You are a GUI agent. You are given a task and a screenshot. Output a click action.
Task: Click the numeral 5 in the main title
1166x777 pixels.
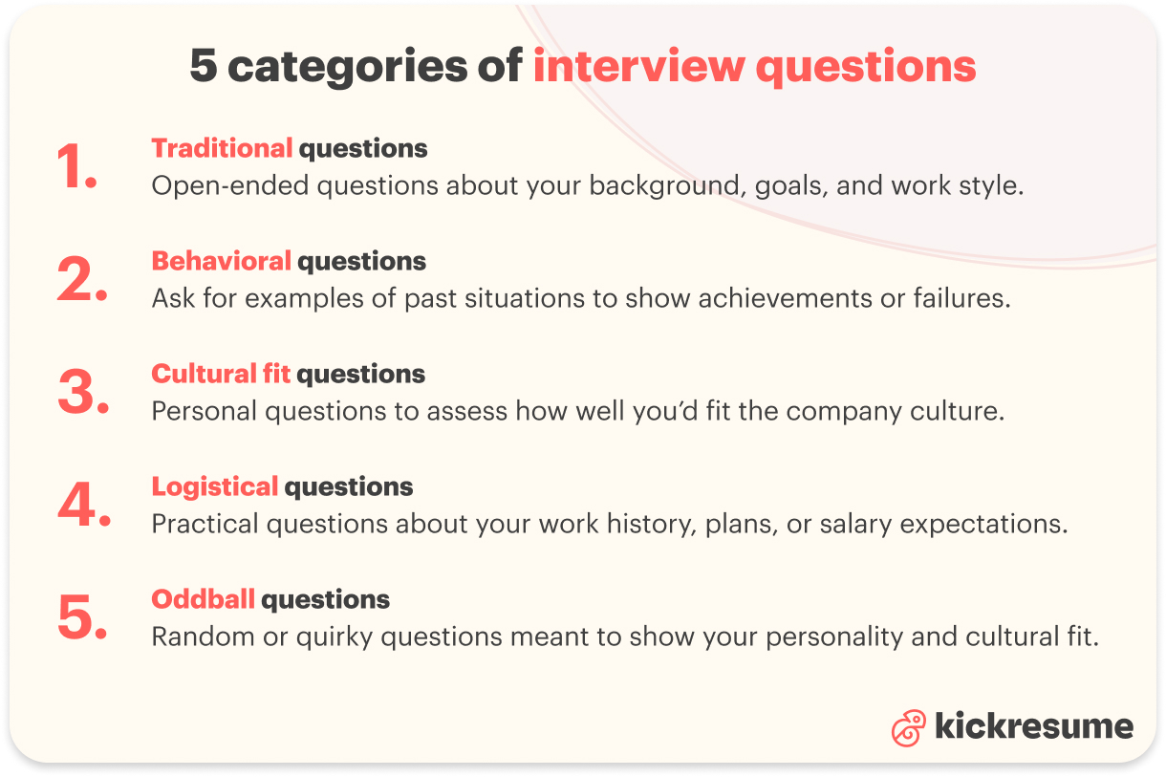pyautogui.click(x=203, y=67)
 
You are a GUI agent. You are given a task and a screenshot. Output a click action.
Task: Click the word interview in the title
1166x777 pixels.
pyautogui.click(x=637, y=67)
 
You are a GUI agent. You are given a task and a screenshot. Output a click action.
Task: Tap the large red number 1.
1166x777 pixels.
pyautogui.click(x=76, y=167)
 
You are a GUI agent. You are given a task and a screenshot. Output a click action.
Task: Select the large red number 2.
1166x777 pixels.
pyautogui.click(x=81, y=280)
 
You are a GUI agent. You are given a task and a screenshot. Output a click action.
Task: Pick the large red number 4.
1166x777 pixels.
pyautogui.click(x=83, y=506)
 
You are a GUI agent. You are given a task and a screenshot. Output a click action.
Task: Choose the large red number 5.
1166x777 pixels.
pyautogui.click(x=81, y=618)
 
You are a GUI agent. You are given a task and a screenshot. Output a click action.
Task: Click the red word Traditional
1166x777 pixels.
pyautogui.click(x=222, y=148)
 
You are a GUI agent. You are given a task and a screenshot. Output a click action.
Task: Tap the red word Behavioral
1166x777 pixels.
pyautogui.click(x=221, y=261)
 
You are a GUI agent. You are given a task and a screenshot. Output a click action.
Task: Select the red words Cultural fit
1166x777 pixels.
pyautogui.click(x=221, y=374)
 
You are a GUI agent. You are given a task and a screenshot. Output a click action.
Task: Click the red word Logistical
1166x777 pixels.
pyautogui.click(x=214, y=486)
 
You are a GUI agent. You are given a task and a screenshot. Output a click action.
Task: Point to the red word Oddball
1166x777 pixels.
pyautogui.click(x=203, y=599)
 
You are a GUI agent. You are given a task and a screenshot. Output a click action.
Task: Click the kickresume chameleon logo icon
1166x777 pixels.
pyautogui.click(x=908, y=728)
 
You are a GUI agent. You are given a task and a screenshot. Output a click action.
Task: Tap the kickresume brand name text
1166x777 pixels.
pyautogui.click(x=1033, y=726)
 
